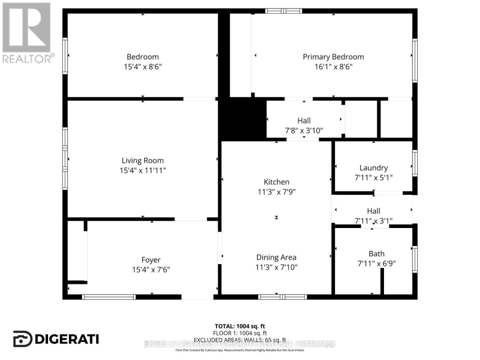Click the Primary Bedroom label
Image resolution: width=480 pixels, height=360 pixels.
(333, 57)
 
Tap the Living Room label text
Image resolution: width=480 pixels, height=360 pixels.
(143, 161)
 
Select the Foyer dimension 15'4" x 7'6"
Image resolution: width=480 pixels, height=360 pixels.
(151, 269)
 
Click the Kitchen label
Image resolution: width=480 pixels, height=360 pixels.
(276, 182)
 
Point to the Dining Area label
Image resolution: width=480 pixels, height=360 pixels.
(276, 257)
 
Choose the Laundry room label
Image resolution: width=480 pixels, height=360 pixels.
(373, 168)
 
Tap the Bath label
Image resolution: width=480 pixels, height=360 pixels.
(376, 254)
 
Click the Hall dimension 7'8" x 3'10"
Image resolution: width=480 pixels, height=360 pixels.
(304, 131)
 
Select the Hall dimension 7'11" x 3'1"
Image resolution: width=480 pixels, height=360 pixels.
(373, 221)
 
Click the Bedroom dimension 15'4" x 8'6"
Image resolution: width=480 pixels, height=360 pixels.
(143, 67)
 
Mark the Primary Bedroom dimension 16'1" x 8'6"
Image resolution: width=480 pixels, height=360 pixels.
(333, 67)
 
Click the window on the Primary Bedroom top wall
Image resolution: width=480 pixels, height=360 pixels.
(284, 11)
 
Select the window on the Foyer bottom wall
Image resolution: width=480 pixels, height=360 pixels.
(109, 297)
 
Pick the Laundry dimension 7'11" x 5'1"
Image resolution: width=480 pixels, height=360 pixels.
(373, 177)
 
